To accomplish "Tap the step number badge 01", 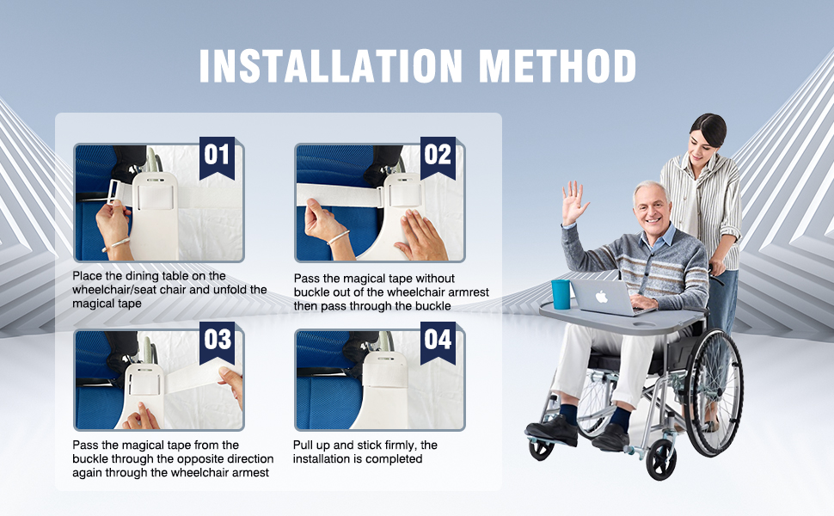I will pyautogui.click(x=217, y=155).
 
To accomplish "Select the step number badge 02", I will pyautogui.click(x=438, y=155).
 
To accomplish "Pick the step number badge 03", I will pyautogui.click(x=217, y=339).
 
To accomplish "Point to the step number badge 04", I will pyautogui.click(x=438, y=339).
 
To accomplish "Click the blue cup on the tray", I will pyautogui.click(x=561, y=293).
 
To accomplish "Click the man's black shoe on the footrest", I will pyautogui.click(x=551, y=430).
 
